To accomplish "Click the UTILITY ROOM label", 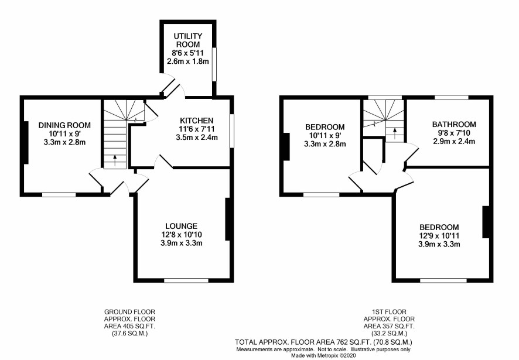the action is [x=188, y=40].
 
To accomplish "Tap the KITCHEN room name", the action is [x=197, y=121].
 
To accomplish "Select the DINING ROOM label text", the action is [x=64, y=125].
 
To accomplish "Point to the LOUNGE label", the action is [x=182, y=226].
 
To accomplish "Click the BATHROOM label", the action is [x=454, y=125].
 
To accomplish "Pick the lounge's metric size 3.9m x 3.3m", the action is [x=182, y=243].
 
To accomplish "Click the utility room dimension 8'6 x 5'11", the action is [x=188, y=53].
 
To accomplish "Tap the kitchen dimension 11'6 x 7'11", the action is [x=197, y=129].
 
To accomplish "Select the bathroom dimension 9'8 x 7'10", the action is [x=454, y=133].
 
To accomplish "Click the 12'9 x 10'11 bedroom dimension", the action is [x=439, y=236].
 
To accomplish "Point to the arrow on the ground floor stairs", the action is [x=115, y=160].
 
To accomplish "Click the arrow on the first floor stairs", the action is [x=395, y=133].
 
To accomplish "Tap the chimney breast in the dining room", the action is [x=26, y=142].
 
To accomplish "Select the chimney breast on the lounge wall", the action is [x=227, y=219].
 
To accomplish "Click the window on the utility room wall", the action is [x=214, y=64].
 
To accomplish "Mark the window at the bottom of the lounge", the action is [x=186, y=280].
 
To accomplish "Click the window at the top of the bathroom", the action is [x=452, y=97].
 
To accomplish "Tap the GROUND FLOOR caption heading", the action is [x=129, y=311].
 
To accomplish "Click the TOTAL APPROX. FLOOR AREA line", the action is [x=323, y=342].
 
